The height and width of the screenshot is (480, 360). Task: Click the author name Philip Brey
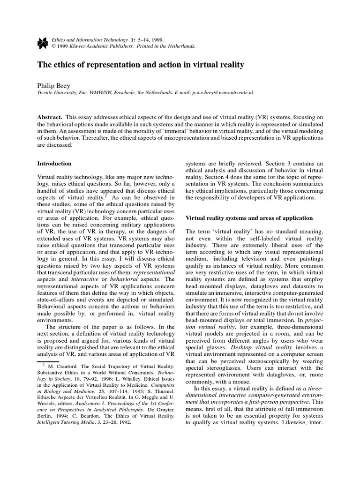point(53,86)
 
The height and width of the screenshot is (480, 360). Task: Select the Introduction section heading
point(54,164)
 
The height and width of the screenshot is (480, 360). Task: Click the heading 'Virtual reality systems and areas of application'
point(249,217)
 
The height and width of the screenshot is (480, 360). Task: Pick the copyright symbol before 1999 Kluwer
point(54,47)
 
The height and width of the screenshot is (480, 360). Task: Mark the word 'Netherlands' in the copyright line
point(181,47)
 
